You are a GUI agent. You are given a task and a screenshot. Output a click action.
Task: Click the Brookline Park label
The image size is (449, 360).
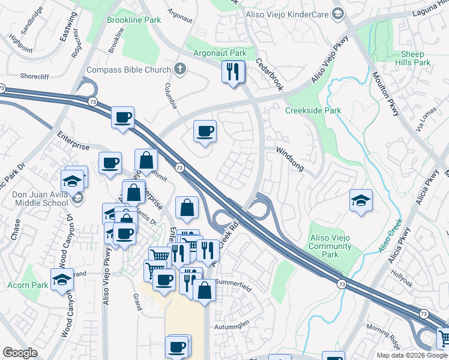click(x=134, y=20)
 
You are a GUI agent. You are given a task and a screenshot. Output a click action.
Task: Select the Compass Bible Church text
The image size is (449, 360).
click(x=129, y=70)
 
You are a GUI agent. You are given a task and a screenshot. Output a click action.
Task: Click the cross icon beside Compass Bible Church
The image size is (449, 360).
click(x=179, y=69)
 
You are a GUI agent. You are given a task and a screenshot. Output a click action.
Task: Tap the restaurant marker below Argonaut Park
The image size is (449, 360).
click(x=232, y=72)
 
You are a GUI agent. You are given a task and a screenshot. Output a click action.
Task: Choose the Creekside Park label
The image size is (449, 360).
click(x=313, y=110)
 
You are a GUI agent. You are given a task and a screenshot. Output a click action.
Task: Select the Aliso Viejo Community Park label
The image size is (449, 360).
click(x=331, y=247)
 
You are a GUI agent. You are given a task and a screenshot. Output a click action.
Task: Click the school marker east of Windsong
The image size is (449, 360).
click(x=361, y=200)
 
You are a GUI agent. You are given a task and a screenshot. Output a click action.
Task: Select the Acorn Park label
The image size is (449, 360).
click(x=28, y=286)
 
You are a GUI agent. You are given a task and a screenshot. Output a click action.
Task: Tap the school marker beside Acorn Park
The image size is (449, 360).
click(x=62, y=280)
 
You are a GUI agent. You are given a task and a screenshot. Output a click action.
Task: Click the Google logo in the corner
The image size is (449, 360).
click(x=20, y=353)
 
